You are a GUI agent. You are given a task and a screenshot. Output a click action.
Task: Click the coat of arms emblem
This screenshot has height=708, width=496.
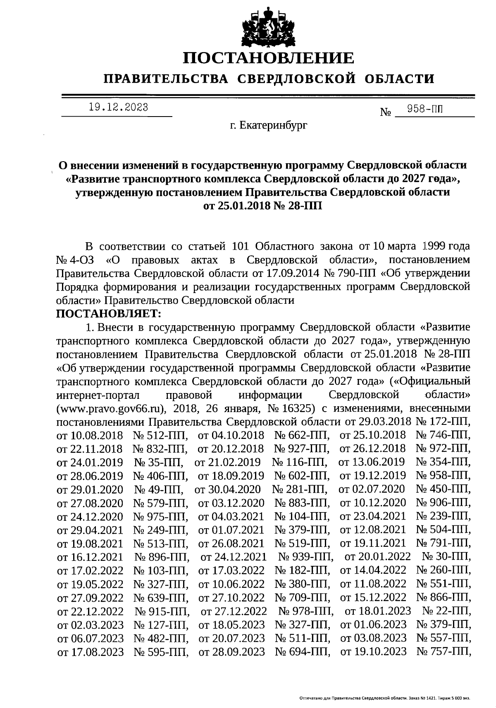click(x=268, y=26)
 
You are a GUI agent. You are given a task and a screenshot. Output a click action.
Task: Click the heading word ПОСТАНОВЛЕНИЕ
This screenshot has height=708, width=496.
click(x=269, y=58)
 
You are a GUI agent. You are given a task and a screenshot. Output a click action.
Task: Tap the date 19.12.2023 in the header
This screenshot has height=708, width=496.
click(x=118, y=107)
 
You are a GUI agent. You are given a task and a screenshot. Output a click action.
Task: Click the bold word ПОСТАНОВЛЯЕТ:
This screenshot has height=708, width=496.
click(x=108, y=314)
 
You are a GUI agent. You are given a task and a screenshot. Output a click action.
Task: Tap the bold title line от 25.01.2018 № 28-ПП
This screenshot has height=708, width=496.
click(x=262, y=205)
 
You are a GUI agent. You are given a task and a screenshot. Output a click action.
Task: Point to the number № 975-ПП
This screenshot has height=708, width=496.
click(x=161, y=517)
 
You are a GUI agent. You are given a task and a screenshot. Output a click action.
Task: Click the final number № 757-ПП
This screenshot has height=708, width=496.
click(x=444, y=652)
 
